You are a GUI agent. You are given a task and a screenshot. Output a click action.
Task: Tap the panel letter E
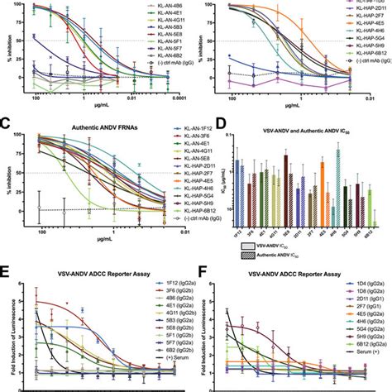[x=7, y=267]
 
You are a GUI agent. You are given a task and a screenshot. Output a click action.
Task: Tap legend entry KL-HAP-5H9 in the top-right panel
[x=351, y=60]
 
